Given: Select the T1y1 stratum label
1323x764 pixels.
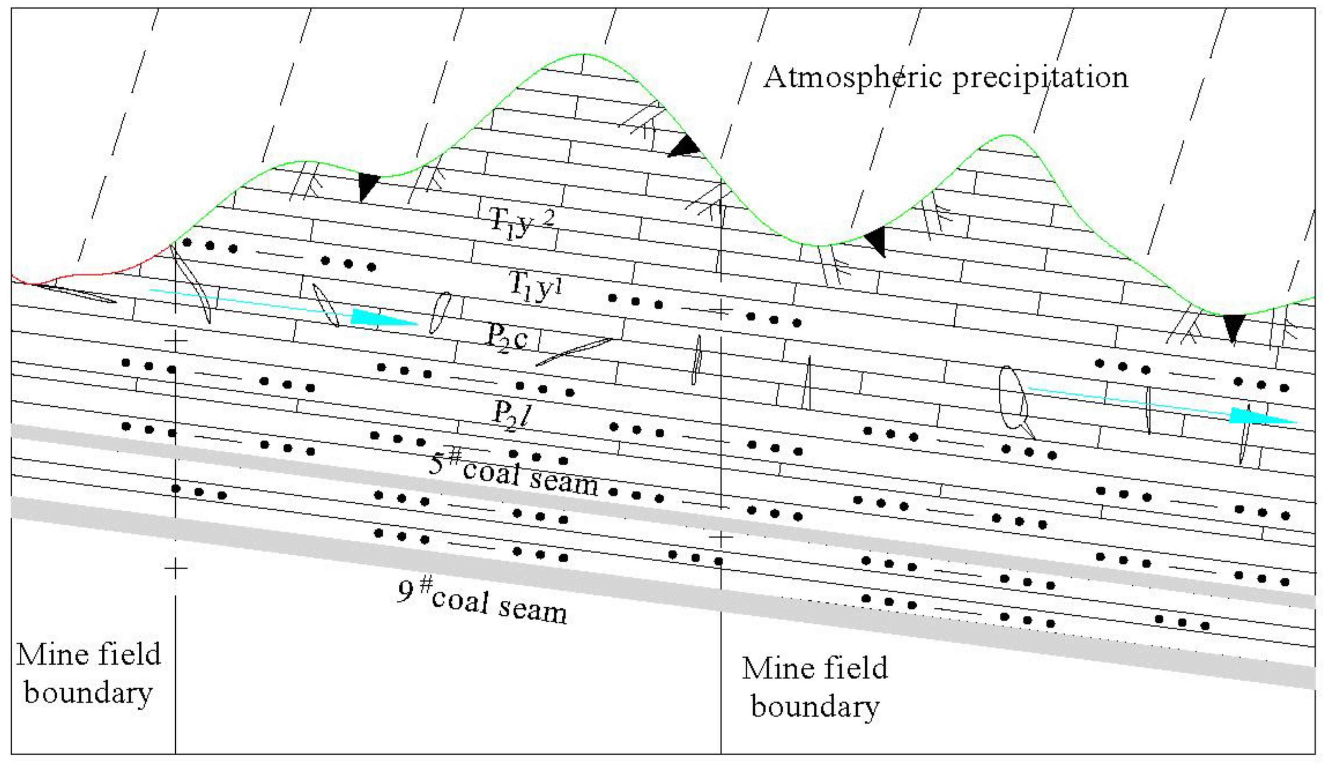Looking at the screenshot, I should coord(536,287).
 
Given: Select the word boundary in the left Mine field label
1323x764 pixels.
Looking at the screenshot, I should coord(88,693).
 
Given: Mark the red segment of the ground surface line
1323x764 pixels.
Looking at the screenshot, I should coord(94,273).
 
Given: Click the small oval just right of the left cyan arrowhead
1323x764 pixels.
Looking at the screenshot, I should coord(440,313).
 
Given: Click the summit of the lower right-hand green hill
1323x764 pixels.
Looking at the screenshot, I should coord(1008,136).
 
